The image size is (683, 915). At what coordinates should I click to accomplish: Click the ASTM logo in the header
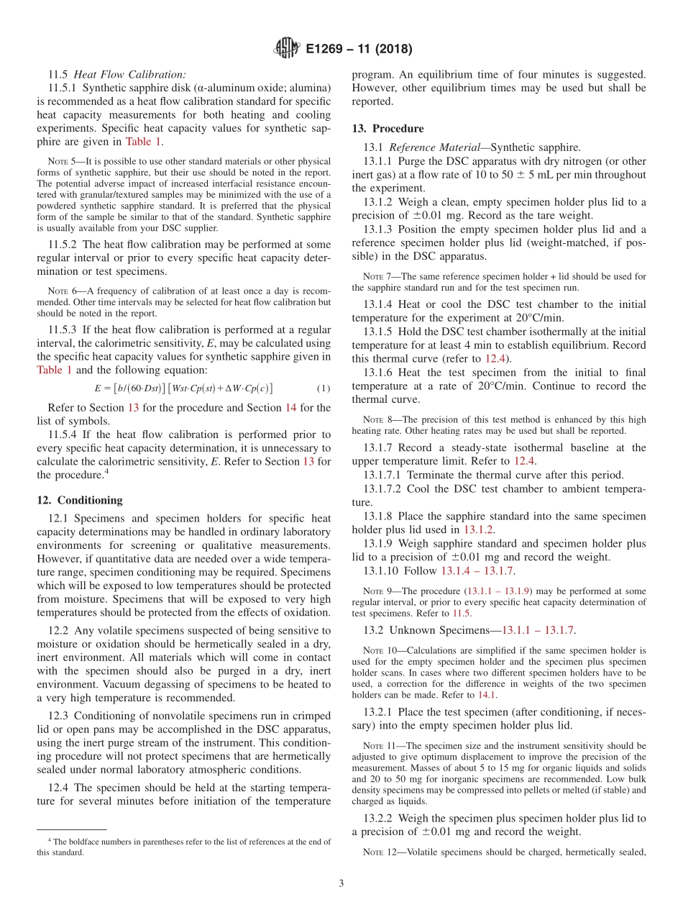(288, 49)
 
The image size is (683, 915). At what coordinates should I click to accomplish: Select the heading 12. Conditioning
(80, 500)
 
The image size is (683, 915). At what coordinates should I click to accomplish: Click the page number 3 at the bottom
(341, 883)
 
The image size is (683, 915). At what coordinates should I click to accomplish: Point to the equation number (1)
(324, 388)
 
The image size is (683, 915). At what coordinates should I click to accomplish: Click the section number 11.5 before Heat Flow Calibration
(58, 74)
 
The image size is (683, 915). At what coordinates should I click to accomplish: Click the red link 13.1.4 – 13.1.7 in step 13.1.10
(477, 570)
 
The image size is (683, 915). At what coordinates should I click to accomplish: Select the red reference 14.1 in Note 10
(487, 695)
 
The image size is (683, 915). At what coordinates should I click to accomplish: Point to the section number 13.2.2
(378, 818)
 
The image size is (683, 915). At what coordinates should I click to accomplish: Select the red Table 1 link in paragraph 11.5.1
(144, 142)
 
